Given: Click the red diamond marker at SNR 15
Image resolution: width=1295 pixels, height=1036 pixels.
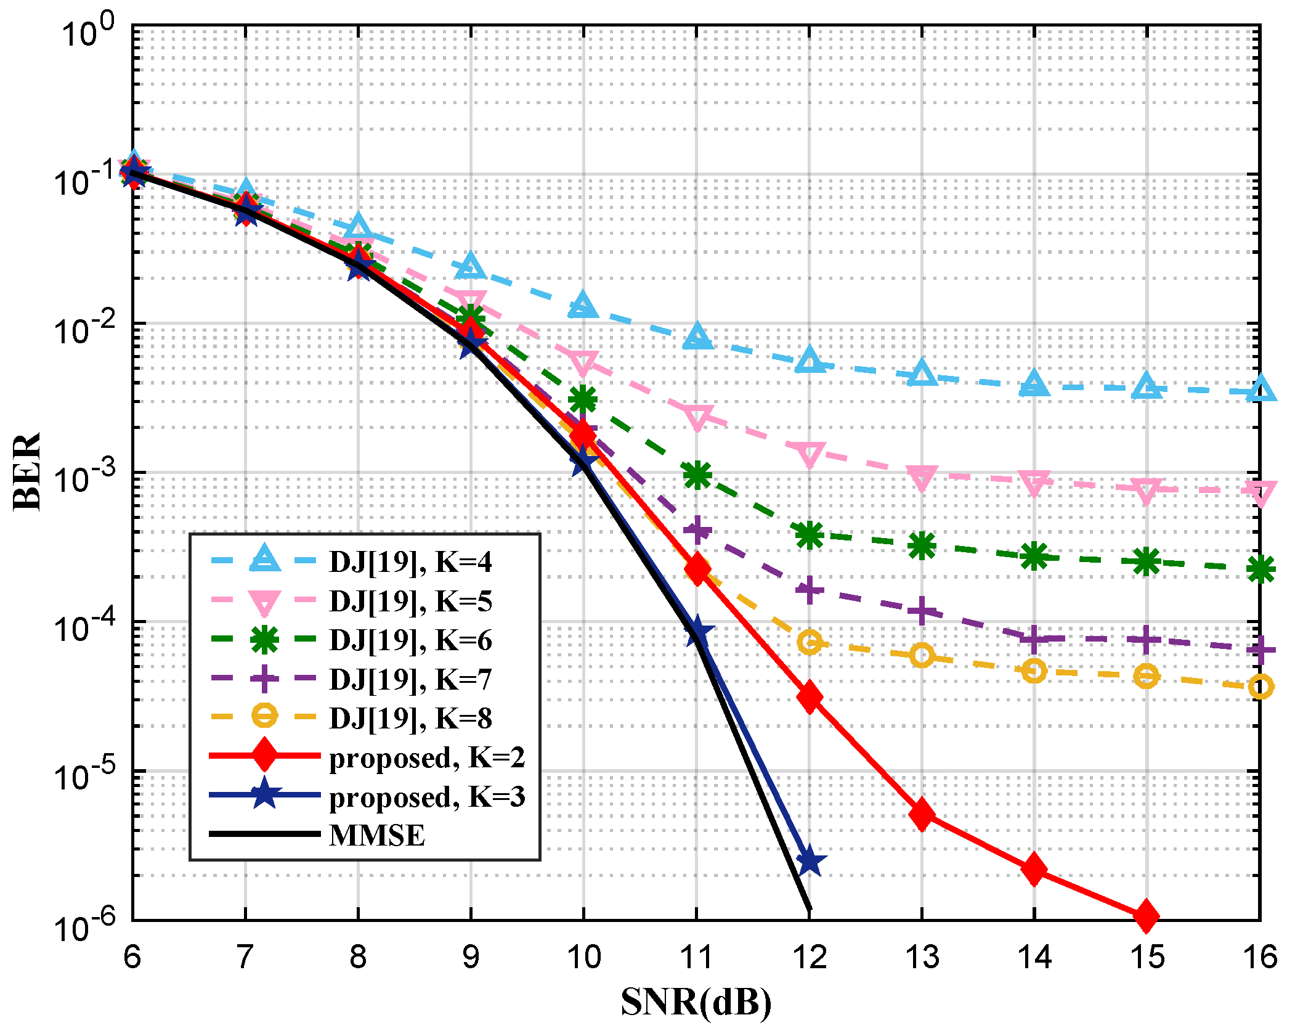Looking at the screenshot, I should click(1146, 916).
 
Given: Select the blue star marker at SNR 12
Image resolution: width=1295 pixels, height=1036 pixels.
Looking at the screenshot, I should click(809, 861).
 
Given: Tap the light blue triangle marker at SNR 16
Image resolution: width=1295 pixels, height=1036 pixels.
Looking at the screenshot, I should click(1260, 390).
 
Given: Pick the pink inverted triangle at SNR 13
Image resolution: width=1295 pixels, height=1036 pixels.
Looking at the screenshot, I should click(922, 477).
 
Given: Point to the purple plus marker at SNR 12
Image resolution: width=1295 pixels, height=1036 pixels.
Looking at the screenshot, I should click(809, 590).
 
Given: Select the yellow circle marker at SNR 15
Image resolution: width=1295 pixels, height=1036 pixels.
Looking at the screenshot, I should click(1146, 676).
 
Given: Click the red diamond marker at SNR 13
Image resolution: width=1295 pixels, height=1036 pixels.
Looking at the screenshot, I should click(922, 814).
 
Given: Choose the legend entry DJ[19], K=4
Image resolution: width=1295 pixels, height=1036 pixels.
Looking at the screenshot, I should click(410, 561).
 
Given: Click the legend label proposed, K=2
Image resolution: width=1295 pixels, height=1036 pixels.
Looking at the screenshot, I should click(427, 757).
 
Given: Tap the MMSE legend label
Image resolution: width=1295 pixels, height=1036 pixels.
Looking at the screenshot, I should click(377, 836).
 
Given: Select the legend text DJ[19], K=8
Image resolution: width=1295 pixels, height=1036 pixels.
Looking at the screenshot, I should click(410, 718).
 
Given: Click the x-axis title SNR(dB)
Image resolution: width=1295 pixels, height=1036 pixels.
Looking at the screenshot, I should click(696, 1001).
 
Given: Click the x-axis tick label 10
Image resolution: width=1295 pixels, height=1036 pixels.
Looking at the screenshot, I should click(583, 957).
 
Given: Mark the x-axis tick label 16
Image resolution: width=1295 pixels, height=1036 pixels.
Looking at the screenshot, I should click(1260, 957).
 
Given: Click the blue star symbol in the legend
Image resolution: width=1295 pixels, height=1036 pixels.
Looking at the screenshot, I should click(264, 794).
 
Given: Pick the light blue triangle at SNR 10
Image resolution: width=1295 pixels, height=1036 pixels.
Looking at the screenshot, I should click(583, 306).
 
